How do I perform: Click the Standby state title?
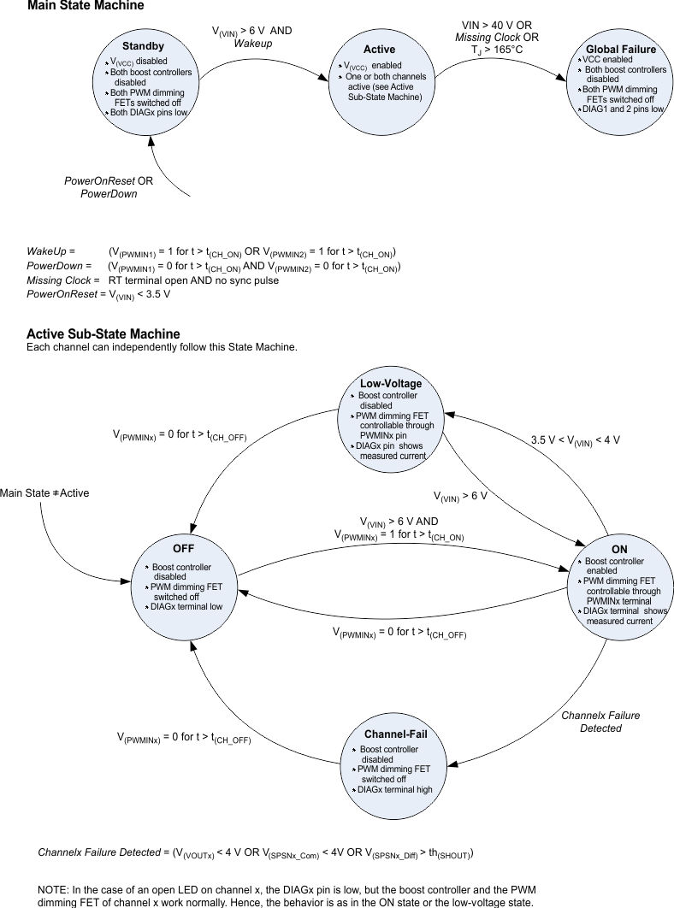tap(143, 45)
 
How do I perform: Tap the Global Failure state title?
tap(621, 50)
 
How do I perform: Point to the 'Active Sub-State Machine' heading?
tap(103, 334)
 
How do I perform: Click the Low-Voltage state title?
tap(391, 384)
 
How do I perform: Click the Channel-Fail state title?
tap(395, 734)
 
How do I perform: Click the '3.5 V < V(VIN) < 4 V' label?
tap(576, 440)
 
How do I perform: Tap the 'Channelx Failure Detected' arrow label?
tap(600, 722)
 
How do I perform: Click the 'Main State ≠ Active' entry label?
tap(44, 493)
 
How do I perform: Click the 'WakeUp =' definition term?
tap(50, 252)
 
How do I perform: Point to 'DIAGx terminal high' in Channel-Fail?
tap(394, 789)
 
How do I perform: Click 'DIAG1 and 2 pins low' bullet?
tap(622, 109)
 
